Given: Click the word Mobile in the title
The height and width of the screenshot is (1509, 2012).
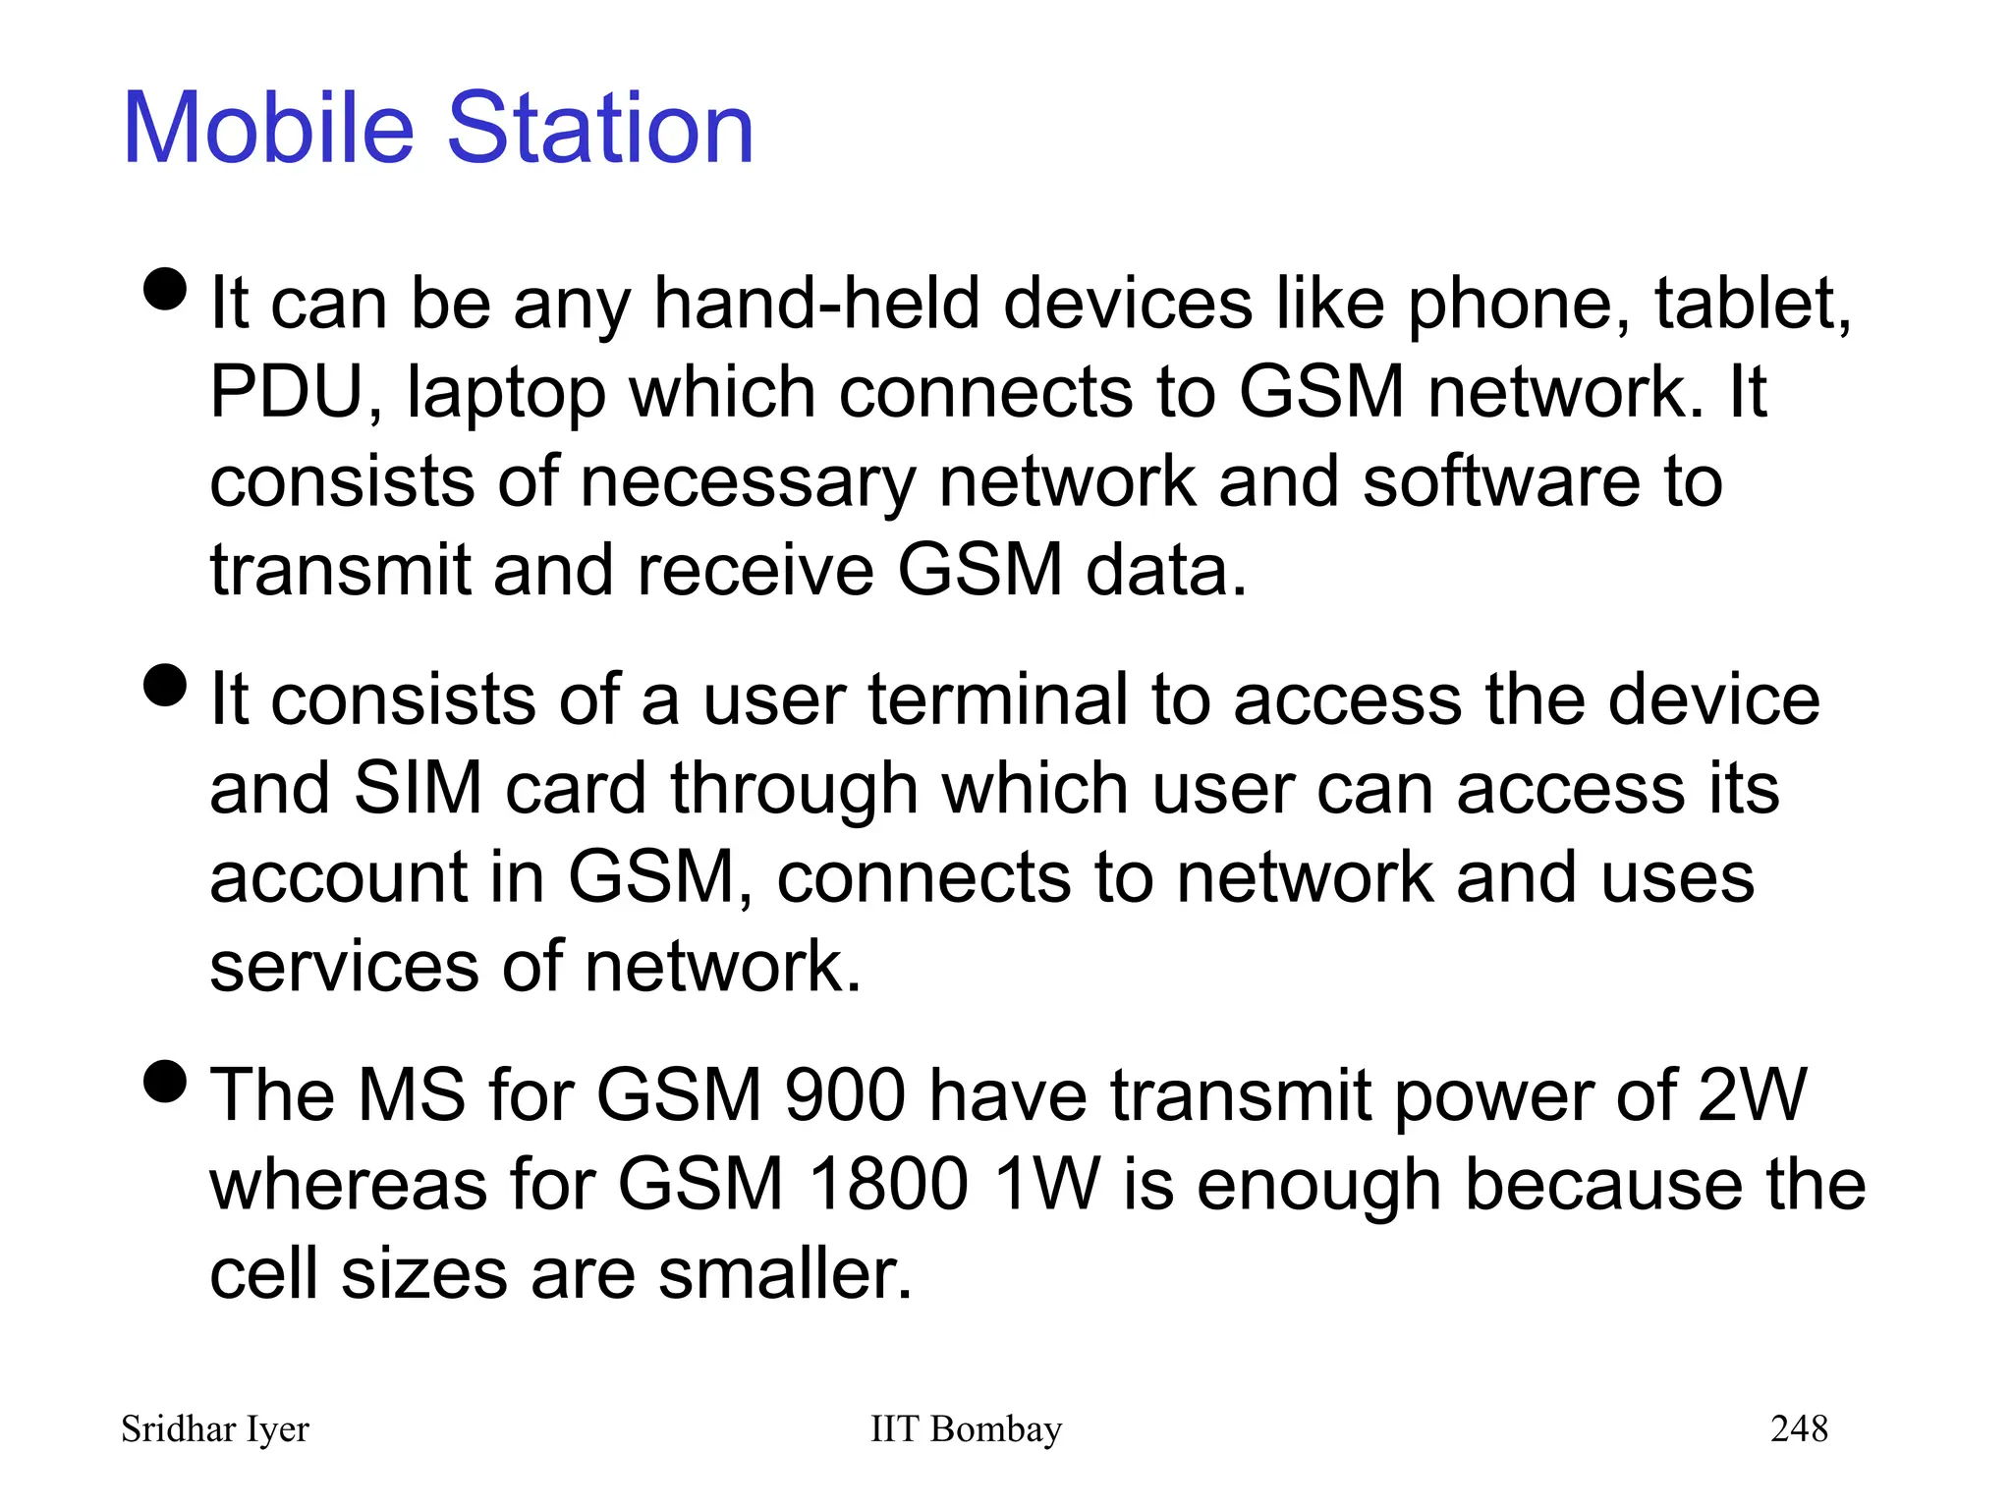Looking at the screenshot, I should click(x=268, y=129).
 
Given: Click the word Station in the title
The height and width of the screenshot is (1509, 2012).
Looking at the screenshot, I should click(x=600, y=129).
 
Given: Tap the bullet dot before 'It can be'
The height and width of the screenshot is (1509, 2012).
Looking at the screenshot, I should click(x=164, y=289).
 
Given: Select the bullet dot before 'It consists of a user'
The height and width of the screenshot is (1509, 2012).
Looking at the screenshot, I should click(x=164, y=685).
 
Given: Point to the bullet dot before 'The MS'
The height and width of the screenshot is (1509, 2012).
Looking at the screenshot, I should click(x=164, y=1081).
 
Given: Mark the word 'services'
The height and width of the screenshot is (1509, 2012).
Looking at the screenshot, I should click(x=343, y=967).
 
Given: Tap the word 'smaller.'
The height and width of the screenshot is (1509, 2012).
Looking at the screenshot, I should click(x=785, y=1273).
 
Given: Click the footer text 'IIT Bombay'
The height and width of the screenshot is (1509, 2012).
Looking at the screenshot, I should click(x=966, y=1428).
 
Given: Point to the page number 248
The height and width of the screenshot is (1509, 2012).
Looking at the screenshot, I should click(x=1799, y=1428).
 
